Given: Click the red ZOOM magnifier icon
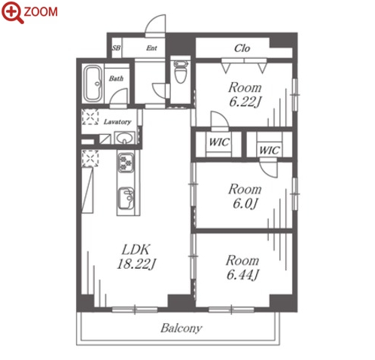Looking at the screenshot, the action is [13, 13].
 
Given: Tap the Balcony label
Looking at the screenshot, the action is [181, 328].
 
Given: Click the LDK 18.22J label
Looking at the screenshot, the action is [136, 257].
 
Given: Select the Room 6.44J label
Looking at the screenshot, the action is [242, 267].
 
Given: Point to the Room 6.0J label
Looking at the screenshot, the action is [245, 197].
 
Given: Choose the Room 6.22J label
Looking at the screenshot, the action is [245, 94].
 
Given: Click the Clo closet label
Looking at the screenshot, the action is [242, 48].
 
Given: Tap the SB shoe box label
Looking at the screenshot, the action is [116, 47].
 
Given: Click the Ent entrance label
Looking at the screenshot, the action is [151, 47].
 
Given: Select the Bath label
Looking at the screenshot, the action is [116, 78].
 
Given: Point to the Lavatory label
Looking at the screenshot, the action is [117, 122].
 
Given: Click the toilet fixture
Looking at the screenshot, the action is [181, 72].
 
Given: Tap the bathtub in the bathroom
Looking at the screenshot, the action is [92, 84].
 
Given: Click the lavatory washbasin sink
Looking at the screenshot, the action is [124, 138].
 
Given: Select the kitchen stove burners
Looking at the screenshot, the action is [126, 163].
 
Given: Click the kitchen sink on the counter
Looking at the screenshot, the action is [126, 198].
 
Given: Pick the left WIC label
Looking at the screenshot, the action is [219, 142].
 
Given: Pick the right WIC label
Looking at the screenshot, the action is [270, 151].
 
